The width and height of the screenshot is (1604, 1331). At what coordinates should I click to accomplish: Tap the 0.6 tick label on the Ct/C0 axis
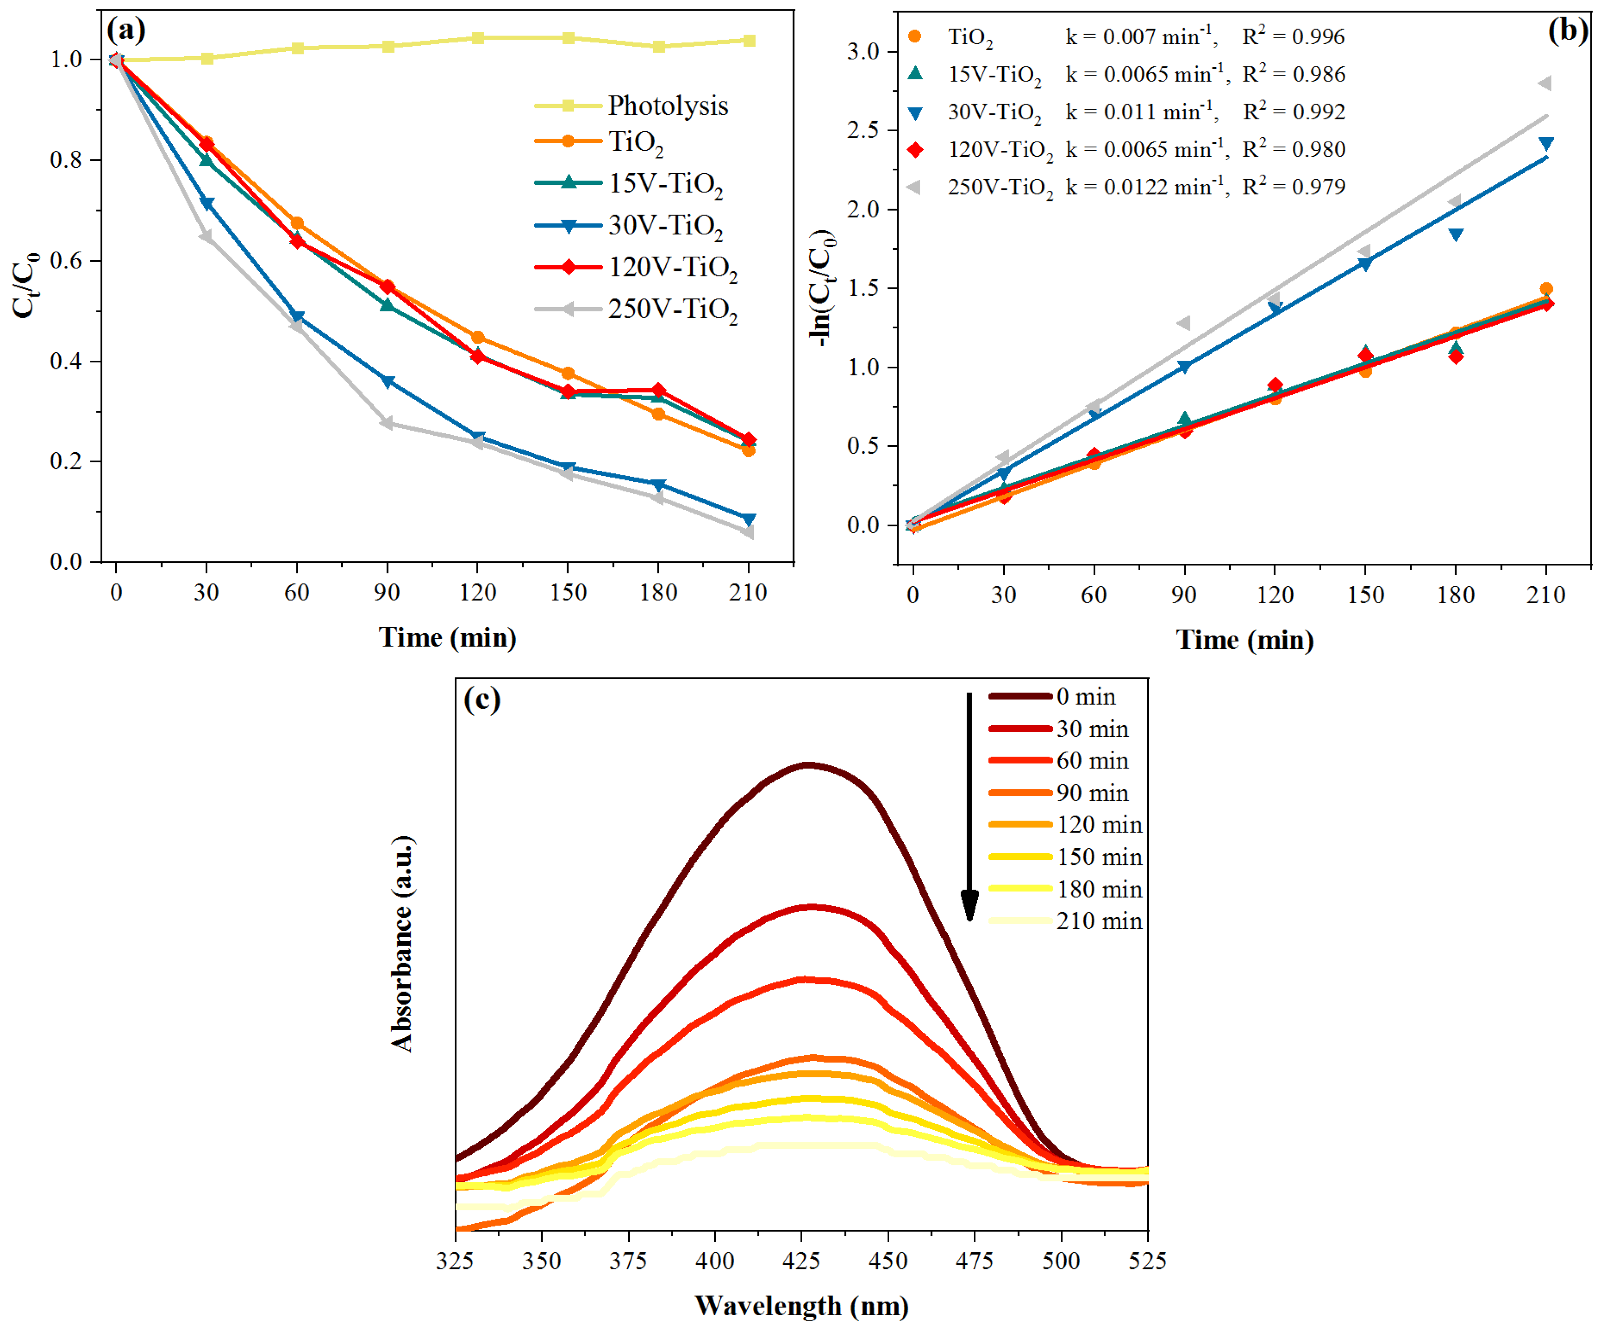[66, 260]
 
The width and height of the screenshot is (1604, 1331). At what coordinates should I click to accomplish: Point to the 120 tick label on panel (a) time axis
[477, 592]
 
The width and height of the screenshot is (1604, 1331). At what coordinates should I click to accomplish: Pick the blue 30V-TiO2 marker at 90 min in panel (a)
[387, 381]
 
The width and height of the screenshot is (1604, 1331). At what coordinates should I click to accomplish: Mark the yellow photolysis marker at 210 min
[749, 40]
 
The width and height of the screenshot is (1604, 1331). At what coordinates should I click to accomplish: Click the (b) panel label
[1568, 31]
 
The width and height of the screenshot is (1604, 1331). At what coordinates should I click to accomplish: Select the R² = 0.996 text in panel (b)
[1293, 37]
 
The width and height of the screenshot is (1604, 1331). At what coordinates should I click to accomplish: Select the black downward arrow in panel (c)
[969, 806]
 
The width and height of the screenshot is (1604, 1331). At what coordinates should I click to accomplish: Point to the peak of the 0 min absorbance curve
[807, 764]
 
